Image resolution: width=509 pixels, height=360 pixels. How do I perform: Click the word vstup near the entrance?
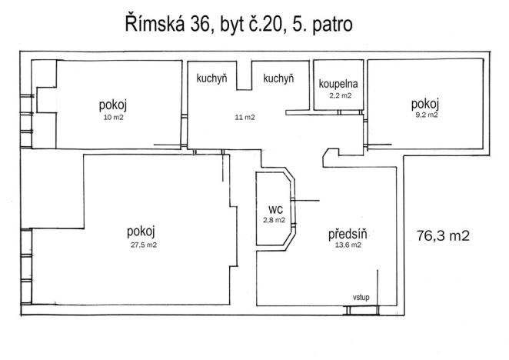tap(361, 297)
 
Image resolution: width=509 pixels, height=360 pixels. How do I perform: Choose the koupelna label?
tap(338, 83)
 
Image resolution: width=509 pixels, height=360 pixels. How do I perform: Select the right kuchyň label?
tap(278, 78)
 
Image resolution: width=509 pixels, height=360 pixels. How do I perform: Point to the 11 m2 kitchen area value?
tap(245, 118)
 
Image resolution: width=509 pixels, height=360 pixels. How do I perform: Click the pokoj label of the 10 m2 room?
tap(113, 105)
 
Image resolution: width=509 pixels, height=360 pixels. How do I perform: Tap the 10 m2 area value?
tap(113, 118)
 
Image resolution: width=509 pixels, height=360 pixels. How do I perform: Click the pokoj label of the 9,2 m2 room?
tap(424, 104)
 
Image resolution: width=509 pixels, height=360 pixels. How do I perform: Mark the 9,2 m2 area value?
tap(424, 115)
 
